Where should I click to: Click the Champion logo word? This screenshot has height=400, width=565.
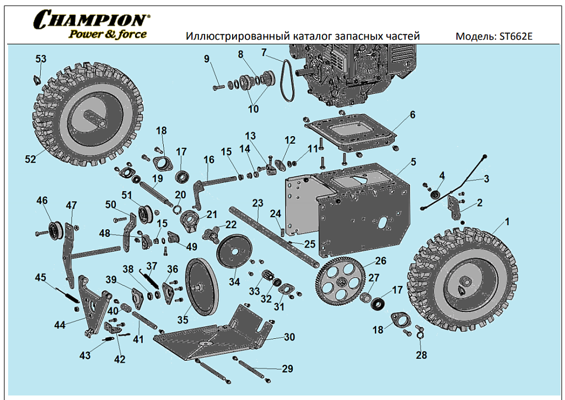90,19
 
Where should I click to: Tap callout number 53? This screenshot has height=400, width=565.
41,59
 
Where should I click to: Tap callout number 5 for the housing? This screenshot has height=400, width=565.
413,163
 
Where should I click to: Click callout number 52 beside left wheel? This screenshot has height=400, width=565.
30,159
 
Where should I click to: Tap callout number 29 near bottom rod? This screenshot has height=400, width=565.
287,369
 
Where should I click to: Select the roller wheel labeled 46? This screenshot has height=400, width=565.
55,228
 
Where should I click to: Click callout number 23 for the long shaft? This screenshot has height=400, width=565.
257,203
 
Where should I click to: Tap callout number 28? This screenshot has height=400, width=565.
421,355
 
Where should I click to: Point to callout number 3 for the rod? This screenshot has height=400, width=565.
486,179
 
